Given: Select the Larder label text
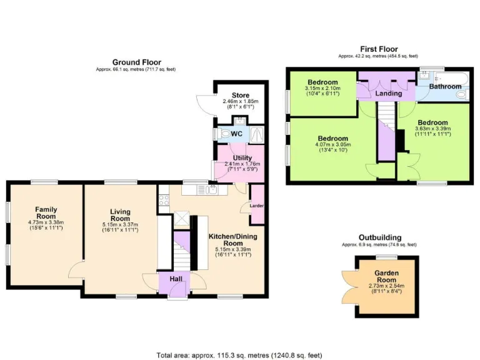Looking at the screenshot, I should [256, 204].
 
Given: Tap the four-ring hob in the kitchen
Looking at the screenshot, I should [164, 201].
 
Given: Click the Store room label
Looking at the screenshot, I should [240, 96].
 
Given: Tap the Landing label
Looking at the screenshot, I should [388, 93].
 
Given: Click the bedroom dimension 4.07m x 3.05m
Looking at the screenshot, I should [332, 144].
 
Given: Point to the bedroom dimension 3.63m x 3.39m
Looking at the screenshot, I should [432, 129].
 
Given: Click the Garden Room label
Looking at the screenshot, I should [387, 274].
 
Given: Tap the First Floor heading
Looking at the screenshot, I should [379, 49].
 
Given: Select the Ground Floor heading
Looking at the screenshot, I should [136, 62].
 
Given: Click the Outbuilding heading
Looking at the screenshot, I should [380, 237].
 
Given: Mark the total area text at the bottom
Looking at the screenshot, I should [239, 354].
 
